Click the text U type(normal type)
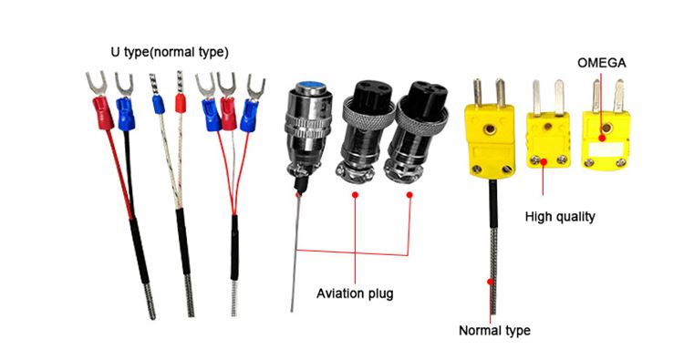click(x=170, y=52)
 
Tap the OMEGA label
click(x=602, y=63)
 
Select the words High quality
click(x=560, y=217)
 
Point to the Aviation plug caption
click(x=355, y=293)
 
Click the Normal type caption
click(x=494, y=330)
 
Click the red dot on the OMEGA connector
click(x=602, y=138)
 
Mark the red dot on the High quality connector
click(x=544, y=162)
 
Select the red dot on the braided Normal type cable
click(x=491, y=282)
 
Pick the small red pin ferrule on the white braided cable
click(x=181, y=103)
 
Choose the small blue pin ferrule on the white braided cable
click(x=159, y=104)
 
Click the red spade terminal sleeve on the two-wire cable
click(x=102, y=113)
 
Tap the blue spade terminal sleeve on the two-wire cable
click(x=125, y=114)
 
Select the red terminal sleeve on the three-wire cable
click(x=228, y=114)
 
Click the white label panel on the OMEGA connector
click(x=605, y=149)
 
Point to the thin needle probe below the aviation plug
click(x=295, y=252)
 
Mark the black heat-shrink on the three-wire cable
click(x=234, y=248)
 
